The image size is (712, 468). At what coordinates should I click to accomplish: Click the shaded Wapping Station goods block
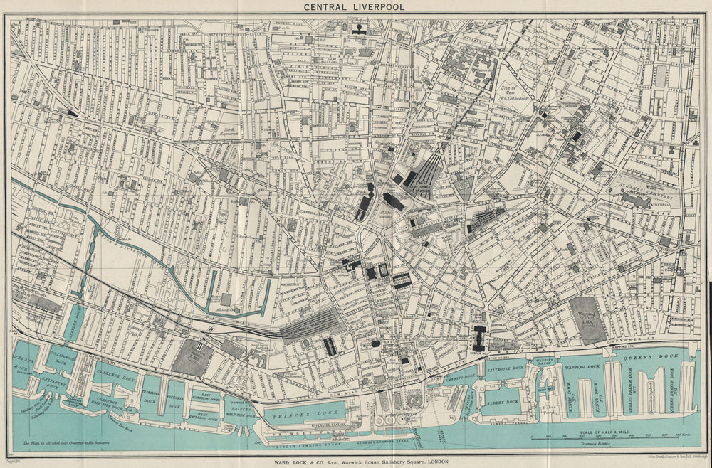click(x=587, y=319)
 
